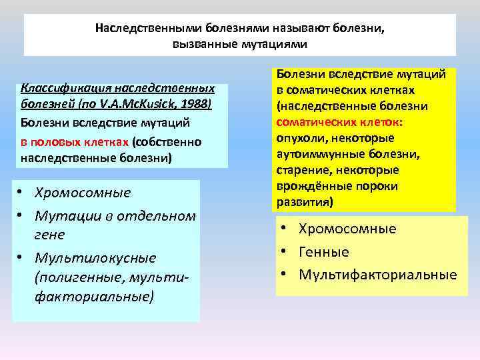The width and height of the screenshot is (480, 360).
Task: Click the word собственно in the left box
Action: [x=168, y=141]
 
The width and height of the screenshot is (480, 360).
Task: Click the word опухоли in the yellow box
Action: [x=299, y=138]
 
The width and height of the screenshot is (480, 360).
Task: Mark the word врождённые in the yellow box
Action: [x=313, y=186]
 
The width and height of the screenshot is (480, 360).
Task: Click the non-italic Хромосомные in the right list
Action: [x=347, y=229]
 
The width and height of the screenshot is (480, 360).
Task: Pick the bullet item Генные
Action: [x=324, y=252]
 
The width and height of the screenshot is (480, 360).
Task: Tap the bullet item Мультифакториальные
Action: [x=378, y=275]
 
